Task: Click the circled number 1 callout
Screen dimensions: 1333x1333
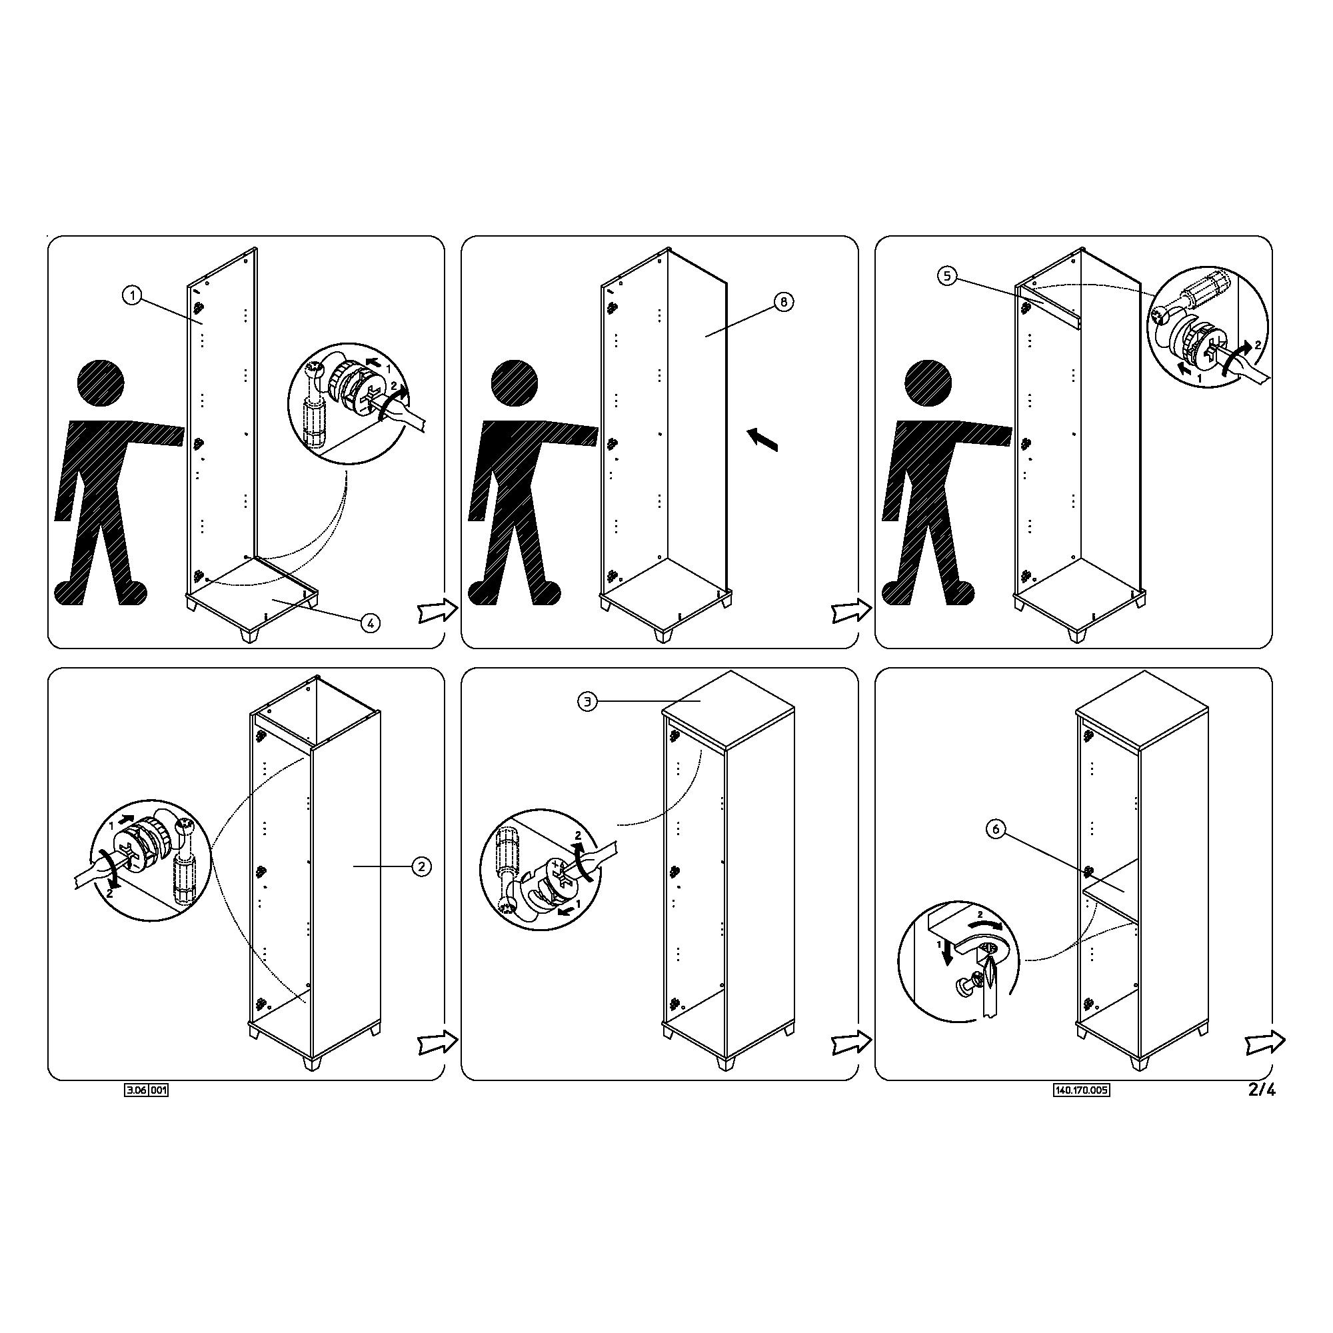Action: click(132, 295)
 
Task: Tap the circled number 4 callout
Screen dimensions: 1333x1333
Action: click(371, 623)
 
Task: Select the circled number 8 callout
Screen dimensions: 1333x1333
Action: click(784, 301)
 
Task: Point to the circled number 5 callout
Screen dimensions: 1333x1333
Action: click(947, 276)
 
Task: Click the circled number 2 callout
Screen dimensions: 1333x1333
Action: click(422, 866)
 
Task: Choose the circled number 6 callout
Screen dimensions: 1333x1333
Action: click(996, 830)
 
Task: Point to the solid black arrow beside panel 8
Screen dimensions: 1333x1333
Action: click(762, 439)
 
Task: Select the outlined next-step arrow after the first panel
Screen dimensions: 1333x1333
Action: click(438, 611)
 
